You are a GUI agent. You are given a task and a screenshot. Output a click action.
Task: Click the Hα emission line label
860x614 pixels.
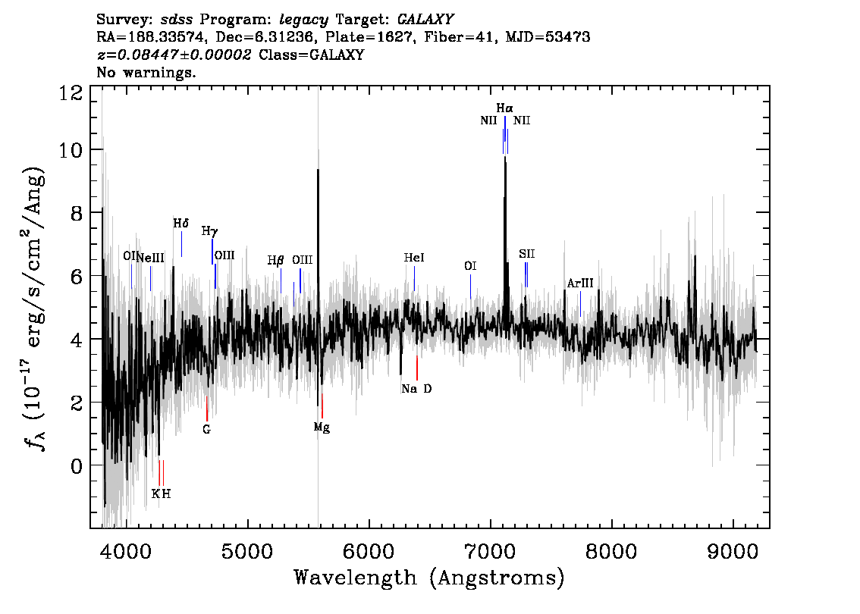click(x=504, y=108)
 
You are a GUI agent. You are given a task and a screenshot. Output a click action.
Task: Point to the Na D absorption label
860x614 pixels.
click(x=416, y=389)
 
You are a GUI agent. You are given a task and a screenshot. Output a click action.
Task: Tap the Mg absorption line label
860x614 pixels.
click(x=322, y=427)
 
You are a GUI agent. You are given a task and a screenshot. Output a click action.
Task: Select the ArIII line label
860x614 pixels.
click(x=579, y=284)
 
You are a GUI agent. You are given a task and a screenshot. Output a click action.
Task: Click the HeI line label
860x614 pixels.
click(x=414, y=258)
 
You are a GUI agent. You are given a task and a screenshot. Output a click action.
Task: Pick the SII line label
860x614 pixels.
click(x=526, y=254)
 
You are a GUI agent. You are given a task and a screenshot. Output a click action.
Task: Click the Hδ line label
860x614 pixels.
click(x=181, y=223)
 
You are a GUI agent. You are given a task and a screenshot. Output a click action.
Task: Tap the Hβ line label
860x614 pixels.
click(x=275, y=261)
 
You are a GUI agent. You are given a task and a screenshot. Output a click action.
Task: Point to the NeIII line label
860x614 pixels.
click(x=150, y=258)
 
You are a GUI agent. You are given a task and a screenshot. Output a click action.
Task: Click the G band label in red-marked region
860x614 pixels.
click(x=206, y=429)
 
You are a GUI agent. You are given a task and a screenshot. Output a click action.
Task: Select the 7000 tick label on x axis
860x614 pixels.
click(x=490, y=552)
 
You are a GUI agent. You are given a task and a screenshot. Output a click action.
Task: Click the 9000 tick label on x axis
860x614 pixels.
click(x=732, y=552)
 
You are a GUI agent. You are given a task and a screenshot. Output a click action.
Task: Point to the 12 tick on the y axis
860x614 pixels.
click(x=71, y=92)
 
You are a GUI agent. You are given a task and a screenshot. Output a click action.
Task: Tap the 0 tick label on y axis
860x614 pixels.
click(x=77, y=465)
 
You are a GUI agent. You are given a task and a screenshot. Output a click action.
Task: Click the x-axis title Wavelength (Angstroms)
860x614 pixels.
click(x=429, y=578)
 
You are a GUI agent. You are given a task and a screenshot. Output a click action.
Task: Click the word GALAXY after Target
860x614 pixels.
click(x=425, y=19)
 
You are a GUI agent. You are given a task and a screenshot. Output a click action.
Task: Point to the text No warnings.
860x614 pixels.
click(x=146, y=72)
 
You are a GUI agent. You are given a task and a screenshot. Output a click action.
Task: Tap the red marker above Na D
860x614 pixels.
click(x=417, y=368)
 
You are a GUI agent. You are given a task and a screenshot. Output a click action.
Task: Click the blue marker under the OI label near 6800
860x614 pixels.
click(x=471, y=287)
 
